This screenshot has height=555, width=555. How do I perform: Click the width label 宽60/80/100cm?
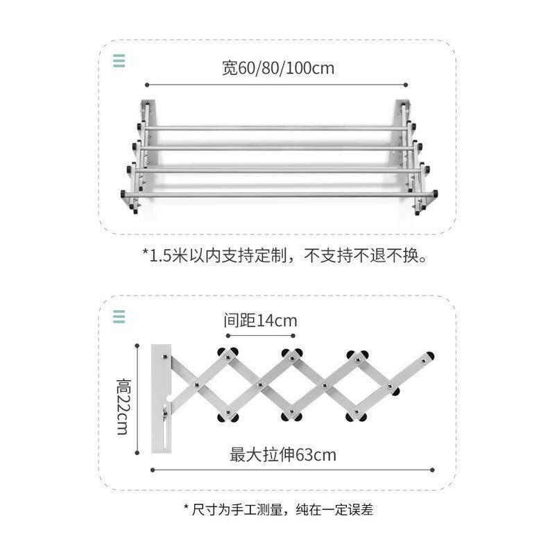(x=278, y=67)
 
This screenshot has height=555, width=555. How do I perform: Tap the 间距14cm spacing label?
(x=260, y=321)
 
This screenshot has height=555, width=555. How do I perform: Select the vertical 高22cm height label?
(x=124, y=407)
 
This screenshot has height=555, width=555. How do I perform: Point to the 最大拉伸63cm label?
(x=283, y=454)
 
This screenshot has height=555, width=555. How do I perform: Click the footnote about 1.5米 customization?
(x=284, y=255)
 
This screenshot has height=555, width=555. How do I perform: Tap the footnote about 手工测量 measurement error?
(x=279, y=509)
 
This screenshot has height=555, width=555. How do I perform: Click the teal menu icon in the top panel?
(x=119, y=60)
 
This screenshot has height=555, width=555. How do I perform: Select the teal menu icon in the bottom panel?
(x=119, y=316)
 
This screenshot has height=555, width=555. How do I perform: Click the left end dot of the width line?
(x=147, y=85)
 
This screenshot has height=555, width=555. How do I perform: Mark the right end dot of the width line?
(x=406, y=85)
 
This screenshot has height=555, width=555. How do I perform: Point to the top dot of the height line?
(x=137, y=345)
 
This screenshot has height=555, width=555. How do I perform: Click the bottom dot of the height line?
(x=137, y=453)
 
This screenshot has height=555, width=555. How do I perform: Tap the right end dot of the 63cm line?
(x=432, y=470)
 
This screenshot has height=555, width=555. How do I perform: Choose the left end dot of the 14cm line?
(x=228, y=336)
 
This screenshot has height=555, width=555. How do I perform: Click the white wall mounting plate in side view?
(x=162, y=398)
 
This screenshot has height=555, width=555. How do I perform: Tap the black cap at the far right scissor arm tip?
(x=429, y=356)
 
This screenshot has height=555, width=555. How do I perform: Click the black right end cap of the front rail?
(x=435, y=194)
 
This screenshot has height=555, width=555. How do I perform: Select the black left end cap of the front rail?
(x=123, y=194)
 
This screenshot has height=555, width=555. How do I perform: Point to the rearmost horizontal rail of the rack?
(x=275, y=128)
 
